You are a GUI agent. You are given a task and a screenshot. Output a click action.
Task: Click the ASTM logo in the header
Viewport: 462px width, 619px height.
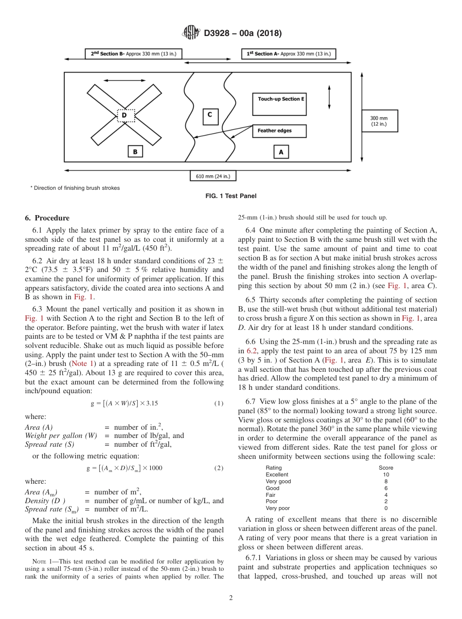[x=191, y=33]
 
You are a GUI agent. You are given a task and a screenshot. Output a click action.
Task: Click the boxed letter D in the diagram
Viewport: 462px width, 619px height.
[x=124, y=115]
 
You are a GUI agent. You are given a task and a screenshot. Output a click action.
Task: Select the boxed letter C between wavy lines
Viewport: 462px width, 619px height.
[x=210, y=115]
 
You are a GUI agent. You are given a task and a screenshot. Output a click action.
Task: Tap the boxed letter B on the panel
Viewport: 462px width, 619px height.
[x=135, y=152]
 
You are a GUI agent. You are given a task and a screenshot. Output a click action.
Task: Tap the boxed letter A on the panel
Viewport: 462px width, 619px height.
[x=281, y=152]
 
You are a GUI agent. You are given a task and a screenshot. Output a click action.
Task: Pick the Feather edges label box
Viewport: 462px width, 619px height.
[x=279, y=131]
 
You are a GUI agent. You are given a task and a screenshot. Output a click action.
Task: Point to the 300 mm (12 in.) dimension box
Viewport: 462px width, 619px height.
[x=379, y=121]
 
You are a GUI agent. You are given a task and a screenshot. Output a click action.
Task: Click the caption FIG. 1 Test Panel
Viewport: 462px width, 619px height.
[x=231, y=196]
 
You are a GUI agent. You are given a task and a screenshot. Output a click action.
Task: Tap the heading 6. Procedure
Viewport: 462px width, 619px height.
[x=47, y=218]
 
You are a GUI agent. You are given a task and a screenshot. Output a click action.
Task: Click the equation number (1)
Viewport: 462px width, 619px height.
[x=219, y=403]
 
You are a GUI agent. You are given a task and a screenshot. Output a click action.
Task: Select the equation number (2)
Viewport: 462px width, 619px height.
[x=219, y=468]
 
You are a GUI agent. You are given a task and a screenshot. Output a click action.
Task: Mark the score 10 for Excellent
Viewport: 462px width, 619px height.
[x=386, y=474]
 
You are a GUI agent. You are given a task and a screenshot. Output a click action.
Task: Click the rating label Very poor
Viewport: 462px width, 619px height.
[x=278, y=508]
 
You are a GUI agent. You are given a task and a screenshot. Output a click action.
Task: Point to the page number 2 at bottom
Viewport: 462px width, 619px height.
[x=231, y=598]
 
